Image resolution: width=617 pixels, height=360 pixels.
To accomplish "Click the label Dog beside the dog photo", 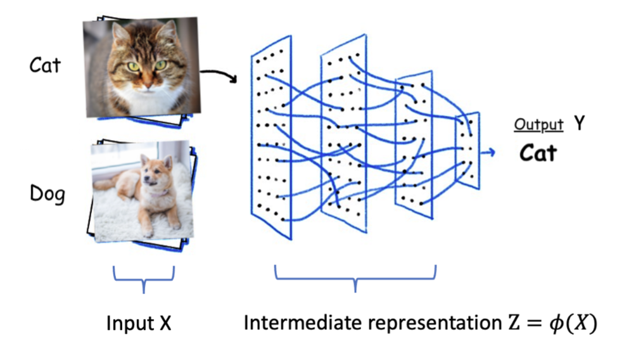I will (x=47, y=193).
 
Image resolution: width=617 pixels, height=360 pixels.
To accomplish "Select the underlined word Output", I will (x=538, y=125).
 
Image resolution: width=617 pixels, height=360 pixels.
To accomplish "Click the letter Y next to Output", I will (x=579, y=124).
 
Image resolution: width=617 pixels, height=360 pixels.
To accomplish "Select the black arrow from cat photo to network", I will (x=219, y=74).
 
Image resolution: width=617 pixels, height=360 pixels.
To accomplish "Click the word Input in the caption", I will (x=128, y=325).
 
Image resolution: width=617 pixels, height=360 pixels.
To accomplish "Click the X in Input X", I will (x=165, y=325).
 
